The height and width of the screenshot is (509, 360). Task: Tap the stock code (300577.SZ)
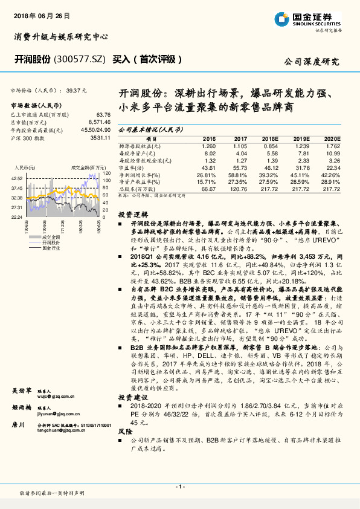[x=82, y=59]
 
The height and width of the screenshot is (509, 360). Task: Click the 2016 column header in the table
[x=209, y=138]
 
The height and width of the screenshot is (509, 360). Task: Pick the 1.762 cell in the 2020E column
[x=333, y=146]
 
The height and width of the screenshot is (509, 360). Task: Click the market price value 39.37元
[x=77, y=90]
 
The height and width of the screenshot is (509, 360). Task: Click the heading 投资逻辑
[x=133, y=215]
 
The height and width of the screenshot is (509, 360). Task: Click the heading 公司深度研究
[x=311, y=62]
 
